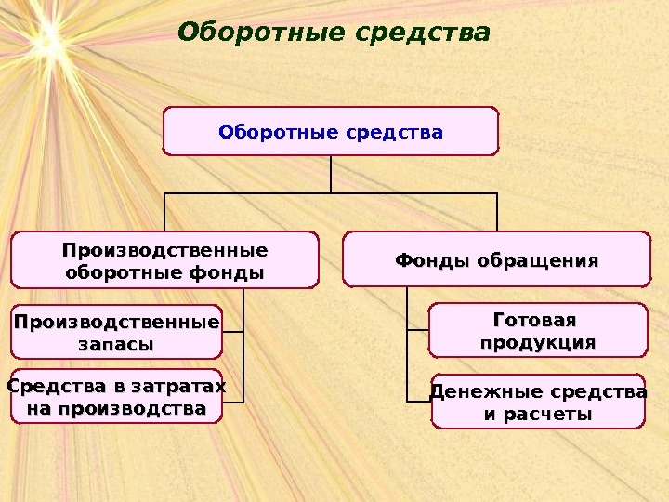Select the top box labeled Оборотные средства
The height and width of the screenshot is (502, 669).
[x=331, y=131]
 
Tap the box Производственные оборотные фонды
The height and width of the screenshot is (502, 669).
[x=164, y=261]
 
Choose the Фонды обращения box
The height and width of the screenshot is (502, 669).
[x=496, y=260]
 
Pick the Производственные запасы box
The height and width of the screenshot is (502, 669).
[x=117, y=332]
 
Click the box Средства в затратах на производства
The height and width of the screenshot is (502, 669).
[x=117, y=397]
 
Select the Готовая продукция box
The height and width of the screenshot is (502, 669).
[x=537, y=331]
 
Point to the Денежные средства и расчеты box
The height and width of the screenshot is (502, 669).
[x=537, y=402]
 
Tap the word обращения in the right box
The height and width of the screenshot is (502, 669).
[x=538, y=260]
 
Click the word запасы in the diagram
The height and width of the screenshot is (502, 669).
[x=117, y=344]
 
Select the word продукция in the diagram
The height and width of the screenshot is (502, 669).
[x=537, y=343]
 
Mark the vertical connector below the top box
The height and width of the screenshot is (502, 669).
[x=331, y=174]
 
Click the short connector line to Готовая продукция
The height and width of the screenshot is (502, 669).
[x=417, y=330]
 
